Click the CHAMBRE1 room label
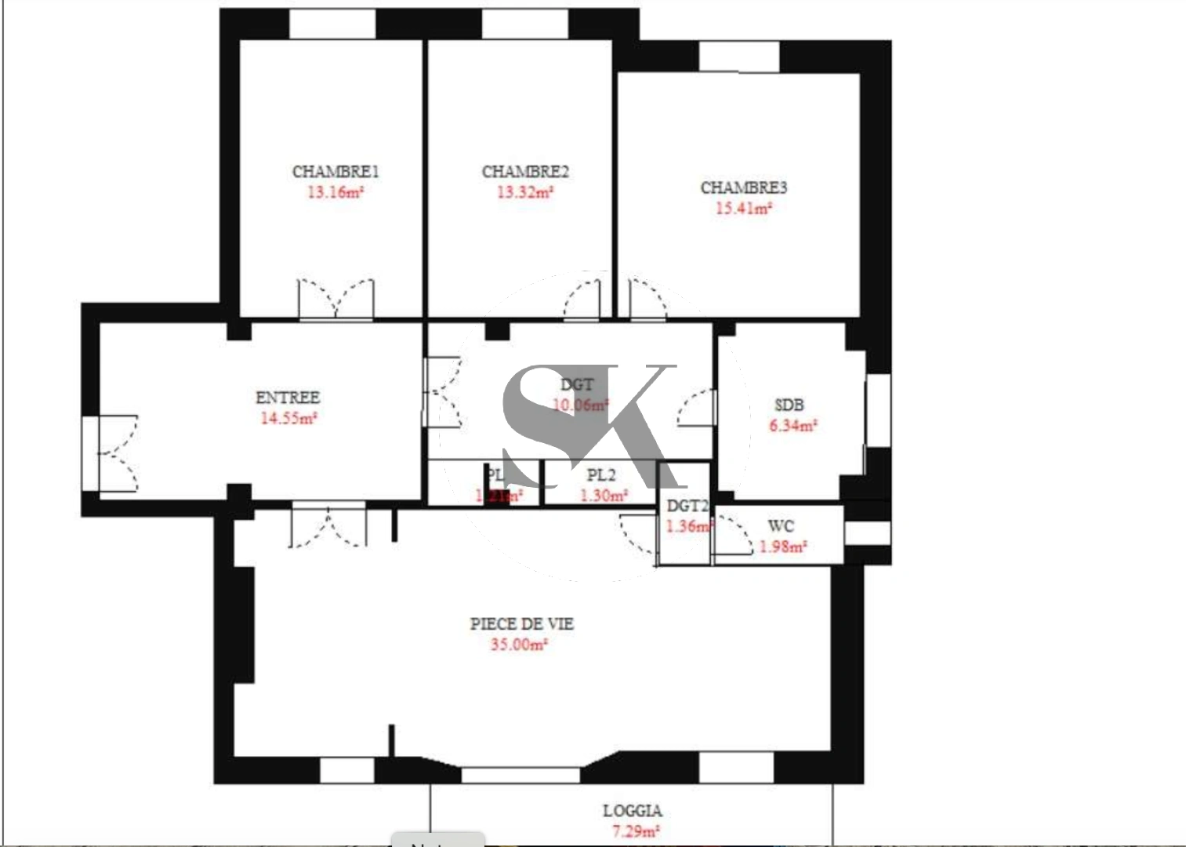pos(335,171)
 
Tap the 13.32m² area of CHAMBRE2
pos(524,192)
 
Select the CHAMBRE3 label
pos(743,187)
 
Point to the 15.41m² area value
pos(743,209)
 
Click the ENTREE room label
pos(288,398)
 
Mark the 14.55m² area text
pos(288,418)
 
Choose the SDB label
pos(789,405)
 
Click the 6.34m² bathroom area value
pos(792,426)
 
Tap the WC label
pos(781,526)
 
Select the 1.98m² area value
pos(782,547)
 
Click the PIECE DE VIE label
pos(521,623)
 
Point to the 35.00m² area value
pos(518,645)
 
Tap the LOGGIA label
pos(632,811)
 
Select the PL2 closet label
pos(601,475)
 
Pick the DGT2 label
pos(687,507)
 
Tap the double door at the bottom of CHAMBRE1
pos(335,300)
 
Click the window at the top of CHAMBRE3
pos(738,56)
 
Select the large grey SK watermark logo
pos(588,423)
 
